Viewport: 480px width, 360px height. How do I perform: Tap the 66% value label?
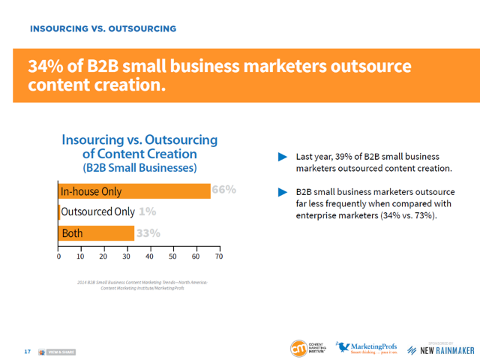click(x=223, y=190)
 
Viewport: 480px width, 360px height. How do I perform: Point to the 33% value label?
click(x=148, y=233)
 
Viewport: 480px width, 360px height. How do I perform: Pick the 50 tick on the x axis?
click(x=173, y=256)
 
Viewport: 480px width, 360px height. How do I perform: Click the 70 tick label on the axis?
click(x=219, y=256)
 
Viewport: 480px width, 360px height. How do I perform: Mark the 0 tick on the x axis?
click(x=58, y=256)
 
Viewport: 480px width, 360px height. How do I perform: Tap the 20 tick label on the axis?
click(x=104, y=256)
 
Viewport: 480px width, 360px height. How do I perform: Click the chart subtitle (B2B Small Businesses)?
click(x=139, y=167)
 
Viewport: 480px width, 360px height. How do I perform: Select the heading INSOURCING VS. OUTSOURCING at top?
click(x=103, y=28)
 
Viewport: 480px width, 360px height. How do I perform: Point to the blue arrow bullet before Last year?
click(x=283, y=157)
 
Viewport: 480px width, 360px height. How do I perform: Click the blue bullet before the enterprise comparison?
click(x=283, y=193)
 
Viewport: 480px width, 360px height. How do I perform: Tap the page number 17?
click(x=27, y=351)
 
